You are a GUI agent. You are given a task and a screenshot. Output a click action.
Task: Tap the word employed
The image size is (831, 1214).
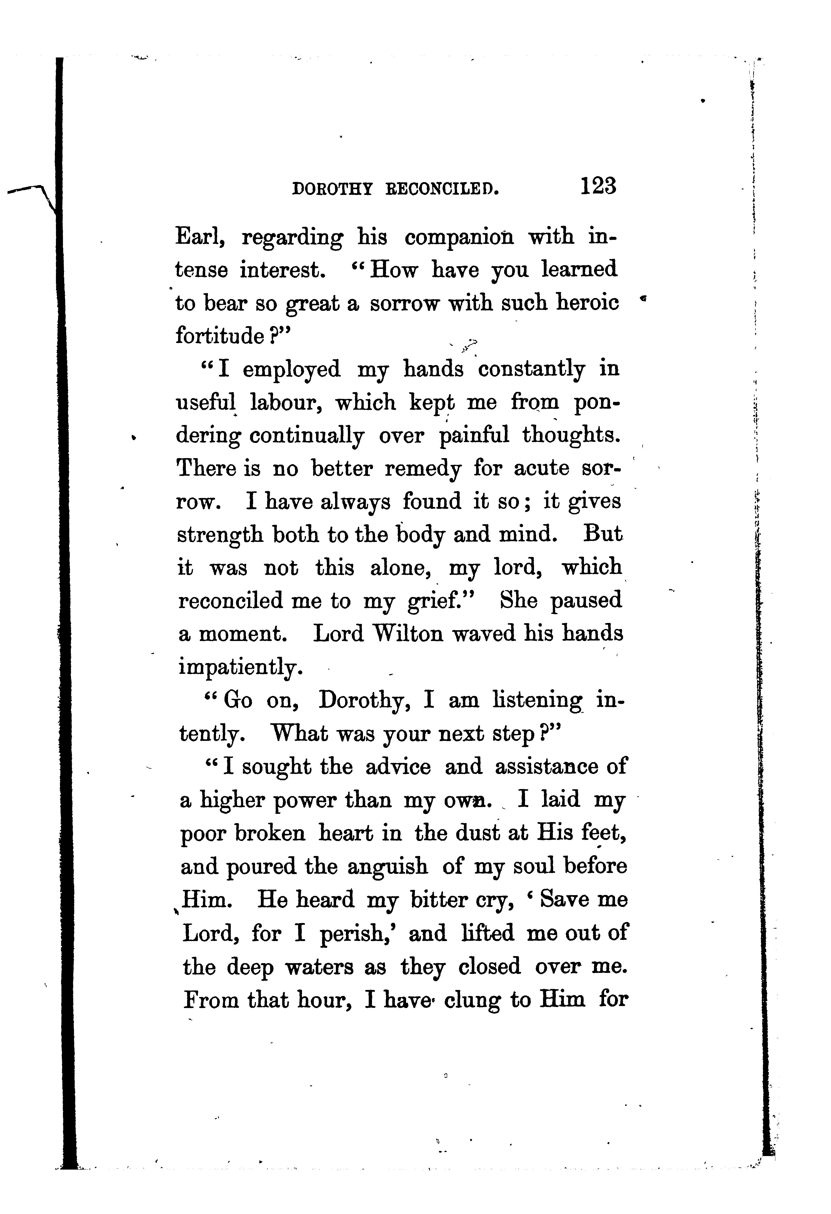coord(291,369)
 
